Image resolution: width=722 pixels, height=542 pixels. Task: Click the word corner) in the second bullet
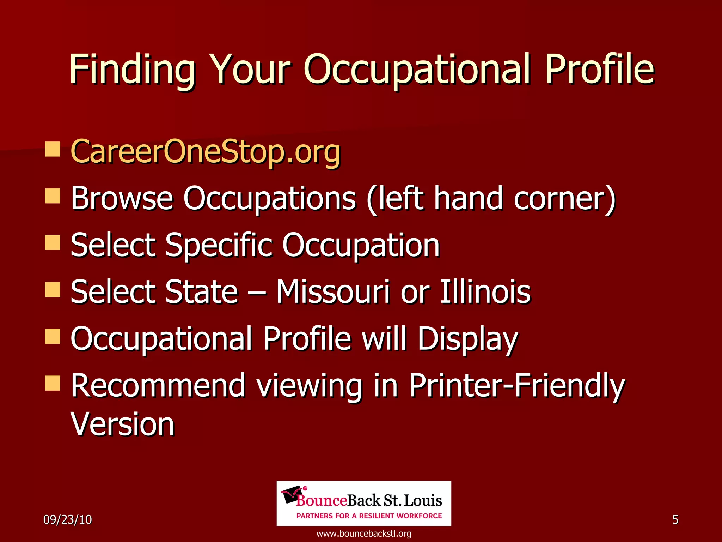(564, 199)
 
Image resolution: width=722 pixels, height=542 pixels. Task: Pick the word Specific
(219, 245)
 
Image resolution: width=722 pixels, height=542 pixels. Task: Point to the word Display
(467, 339)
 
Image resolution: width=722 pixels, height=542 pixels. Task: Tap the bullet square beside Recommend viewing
(53, 383)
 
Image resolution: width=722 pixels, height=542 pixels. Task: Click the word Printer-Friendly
(517, 385)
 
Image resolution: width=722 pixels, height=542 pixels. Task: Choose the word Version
(122, 424)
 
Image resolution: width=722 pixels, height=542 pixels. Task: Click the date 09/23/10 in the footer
(67, 519)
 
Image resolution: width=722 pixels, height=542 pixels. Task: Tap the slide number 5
(675, 519)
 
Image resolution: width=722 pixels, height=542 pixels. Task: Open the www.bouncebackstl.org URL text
(364, 534)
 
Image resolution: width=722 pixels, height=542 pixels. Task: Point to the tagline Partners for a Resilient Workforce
(369, 516)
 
